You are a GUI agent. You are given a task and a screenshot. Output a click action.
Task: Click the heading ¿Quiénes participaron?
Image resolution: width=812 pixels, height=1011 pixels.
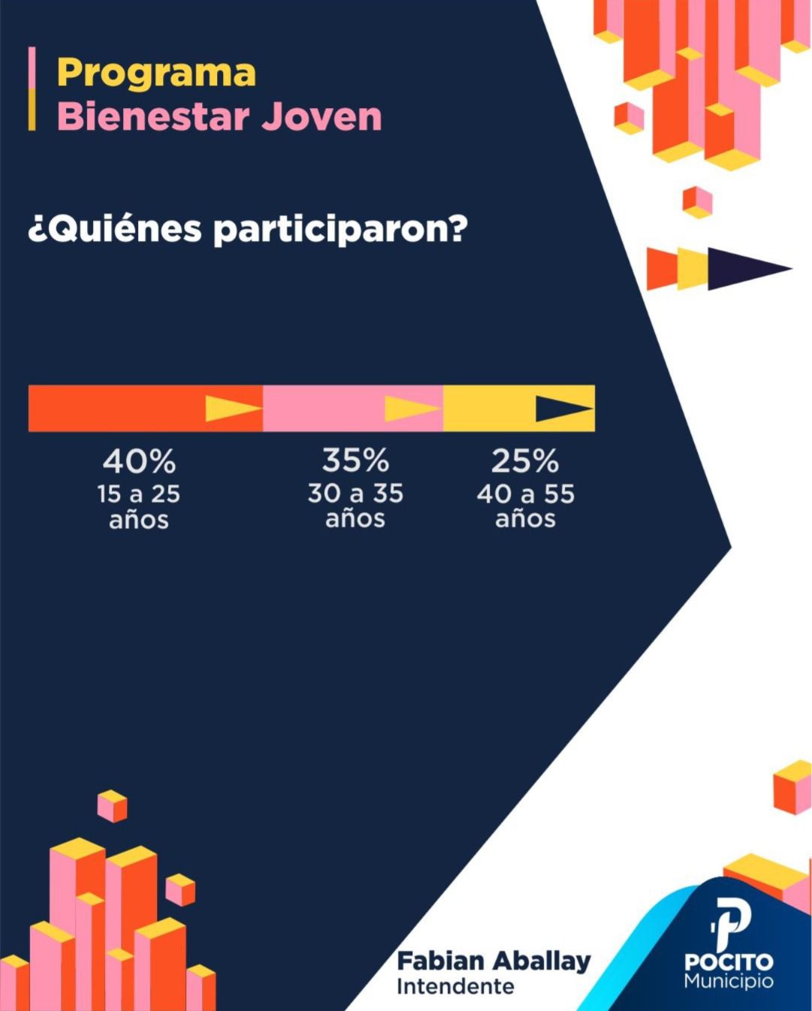(247, 228)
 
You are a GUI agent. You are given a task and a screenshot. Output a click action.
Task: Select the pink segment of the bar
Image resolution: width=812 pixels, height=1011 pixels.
(323, 409)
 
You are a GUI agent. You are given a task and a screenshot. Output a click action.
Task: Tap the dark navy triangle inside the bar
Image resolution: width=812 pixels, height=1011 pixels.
(560, 409)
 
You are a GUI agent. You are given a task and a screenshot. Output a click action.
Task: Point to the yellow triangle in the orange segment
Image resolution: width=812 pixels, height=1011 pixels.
(229, 409)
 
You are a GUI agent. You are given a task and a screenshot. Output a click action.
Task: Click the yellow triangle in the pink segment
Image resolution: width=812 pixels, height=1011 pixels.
(409, 409)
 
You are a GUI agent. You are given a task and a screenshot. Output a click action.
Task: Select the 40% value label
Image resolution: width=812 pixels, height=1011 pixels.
(139, 461)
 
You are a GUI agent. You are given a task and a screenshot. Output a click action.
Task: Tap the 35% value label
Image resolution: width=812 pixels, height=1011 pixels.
(355, 460)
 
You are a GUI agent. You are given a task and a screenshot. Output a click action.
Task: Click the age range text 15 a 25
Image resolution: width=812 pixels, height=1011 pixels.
(139, 494)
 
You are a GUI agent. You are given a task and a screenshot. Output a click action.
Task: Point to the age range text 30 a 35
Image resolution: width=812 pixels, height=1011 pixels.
(355, 493)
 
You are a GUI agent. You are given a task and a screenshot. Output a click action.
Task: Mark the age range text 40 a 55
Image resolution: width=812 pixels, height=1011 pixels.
(525, 494)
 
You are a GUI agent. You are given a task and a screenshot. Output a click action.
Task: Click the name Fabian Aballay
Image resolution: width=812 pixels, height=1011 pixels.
(494, 961)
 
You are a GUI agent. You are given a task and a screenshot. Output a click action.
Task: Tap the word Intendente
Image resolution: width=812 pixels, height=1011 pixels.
(455, 987)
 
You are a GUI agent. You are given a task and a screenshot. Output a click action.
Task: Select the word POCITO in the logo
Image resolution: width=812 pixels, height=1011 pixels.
(728, 962)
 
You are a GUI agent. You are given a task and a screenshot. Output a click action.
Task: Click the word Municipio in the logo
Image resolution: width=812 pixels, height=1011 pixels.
(728, 981)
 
